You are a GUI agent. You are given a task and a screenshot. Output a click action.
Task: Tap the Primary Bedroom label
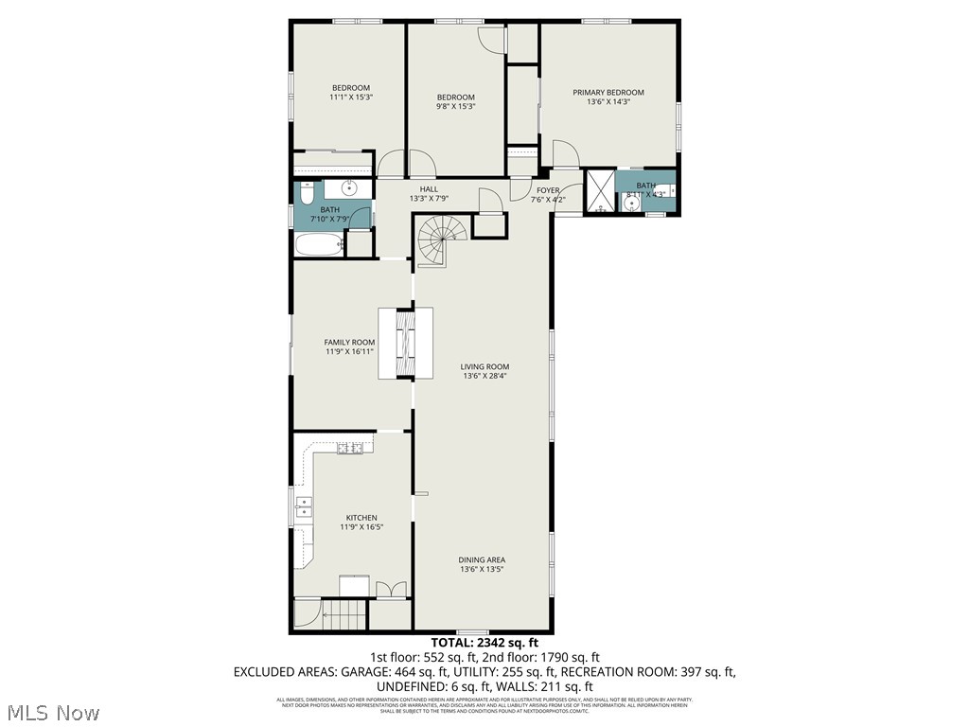[608, 93]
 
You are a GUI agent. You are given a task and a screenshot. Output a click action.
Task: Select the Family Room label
[349, 343]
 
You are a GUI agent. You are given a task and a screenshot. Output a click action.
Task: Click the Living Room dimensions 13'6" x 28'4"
[485, 377]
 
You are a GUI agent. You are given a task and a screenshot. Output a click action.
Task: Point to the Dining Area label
[482, 559]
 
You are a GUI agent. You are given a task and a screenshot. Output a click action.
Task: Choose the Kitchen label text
[361, 518]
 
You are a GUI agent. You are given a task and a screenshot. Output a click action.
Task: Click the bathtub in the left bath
[318, 245]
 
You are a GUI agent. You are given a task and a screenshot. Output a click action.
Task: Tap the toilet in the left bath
[306, 195]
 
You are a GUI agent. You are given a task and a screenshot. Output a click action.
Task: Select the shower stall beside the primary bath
[599, 192]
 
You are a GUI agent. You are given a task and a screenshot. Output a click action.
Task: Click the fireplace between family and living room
[407, 343]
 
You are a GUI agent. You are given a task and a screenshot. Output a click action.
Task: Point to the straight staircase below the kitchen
[344, 617]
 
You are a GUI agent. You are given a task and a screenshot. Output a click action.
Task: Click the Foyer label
[548, 189]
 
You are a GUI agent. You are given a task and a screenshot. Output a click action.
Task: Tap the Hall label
[429, 189]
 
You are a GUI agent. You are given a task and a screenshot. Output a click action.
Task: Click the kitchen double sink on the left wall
[303, 508]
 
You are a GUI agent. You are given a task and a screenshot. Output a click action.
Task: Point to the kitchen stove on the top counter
[349, 448]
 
